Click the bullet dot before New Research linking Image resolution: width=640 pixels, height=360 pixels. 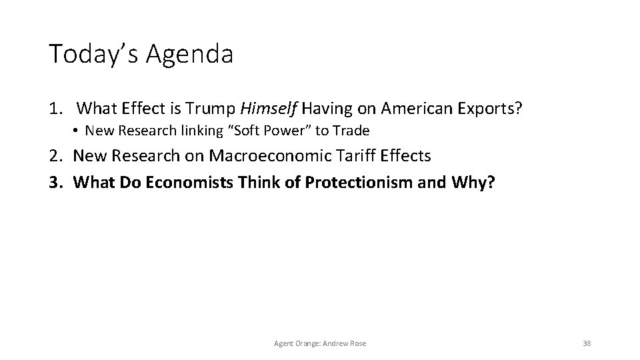coord(77,130)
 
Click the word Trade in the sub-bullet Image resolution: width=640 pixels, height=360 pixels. coord(351,130)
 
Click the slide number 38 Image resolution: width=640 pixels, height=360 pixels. coord(587,343)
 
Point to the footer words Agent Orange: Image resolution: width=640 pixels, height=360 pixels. coord(296,343)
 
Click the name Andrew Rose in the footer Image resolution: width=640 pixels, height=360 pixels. coord(342,343)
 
